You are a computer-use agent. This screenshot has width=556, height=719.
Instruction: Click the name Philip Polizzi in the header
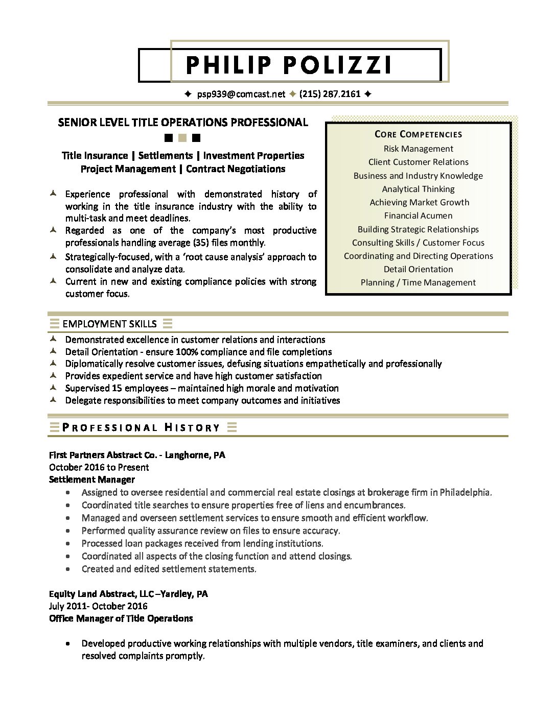(x=289, y=65)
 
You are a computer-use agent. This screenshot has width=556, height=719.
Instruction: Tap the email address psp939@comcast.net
(x=241, y=94)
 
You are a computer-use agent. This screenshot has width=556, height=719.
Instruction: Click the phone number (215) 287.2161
(x=330, y=94)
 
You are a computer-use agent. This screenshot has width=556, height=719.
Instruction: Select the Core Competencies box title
(x=418, y=134)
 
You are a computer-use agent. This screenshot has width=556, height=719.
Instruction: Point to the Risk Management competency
(x=418, y=149)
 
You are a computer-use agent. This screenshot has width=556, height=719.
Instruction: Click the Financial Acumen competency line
(x=418, y=215)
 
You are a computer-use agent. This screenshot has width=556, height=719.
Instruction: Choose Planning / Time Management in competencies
(x=418, y=282)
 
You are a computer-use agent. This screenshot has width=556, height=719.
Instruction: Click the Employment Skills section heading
(x=109, y=324)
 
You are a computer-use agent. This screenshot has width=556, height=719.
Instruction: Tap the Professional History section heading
(x=141, y=427)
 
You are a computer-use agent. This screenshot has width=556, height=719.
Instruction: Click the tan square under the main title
(x=182, y=138)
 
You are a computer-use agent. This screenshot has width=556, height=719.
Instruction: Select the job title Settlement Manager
(x=92, y=480)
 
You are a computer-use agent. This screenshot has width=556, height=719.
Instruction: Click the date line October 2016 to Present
(x=99, y=467)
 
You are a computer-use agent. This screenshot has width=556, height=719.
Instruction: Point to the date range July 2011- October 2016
(x=98, y=606)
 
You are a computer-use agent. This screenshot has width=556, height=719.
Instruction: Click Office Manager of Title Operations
(x=121, y=618)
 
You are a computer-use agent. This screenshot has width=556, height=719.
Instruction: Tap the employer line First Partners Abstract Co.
(x=137, y=455)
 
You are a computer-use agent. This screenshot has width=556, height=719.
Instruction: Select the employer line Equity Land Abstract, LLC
(x=128, y=594)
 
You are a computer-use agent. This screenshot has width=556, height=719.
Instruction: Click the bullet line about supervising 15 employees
(x=202, y=388)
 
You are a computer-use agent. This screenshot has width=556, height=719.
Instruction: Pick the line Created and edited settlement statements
(x=169, y=569)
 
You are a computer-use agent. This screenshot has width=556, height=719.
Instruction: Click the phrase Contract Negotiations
(x=236, y=169)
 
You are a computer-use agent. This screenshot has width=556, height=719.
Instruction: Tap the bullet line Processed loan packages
(x=202, y=543)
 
